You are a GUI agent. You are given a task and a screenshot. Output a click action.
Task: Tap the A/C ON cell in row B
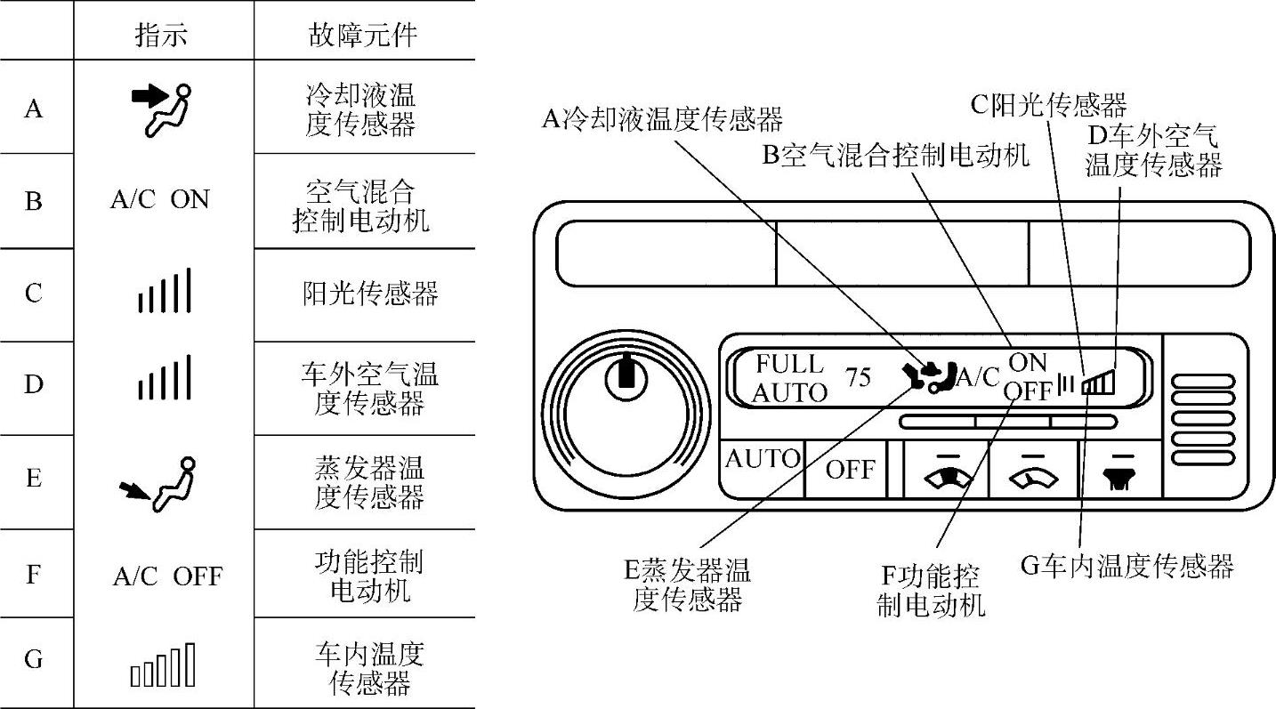point(160,200)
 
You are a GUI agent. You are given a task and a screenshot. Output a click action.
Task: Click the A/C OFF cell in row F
point(166,576)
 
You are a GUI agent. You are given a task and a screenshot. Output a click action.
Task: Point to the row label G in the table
point(33,660)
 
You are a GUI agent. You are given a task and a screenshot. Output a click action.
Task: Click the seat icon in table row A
point(162,109)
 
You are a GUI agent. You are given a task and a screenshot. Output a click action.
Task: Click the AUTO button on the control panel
point(763,459)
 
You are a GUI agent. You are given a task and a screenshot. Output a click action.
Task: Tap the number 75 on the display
point(859,377)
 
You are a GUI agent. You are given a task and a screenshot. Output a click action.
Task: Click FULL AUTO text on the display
point(788,378)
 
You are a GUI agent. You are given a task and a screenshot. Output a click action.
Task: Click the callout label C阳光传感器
point(1048,105)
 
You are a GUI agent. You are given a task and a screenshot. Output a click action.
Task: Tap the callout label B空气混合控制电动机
point(895,155)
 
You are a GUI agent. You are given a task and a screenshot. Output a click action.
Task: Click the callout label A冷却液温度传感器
point(663,117)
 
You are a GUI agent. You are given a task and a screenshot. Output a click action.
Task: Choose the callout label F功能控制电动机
point(931,590)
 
